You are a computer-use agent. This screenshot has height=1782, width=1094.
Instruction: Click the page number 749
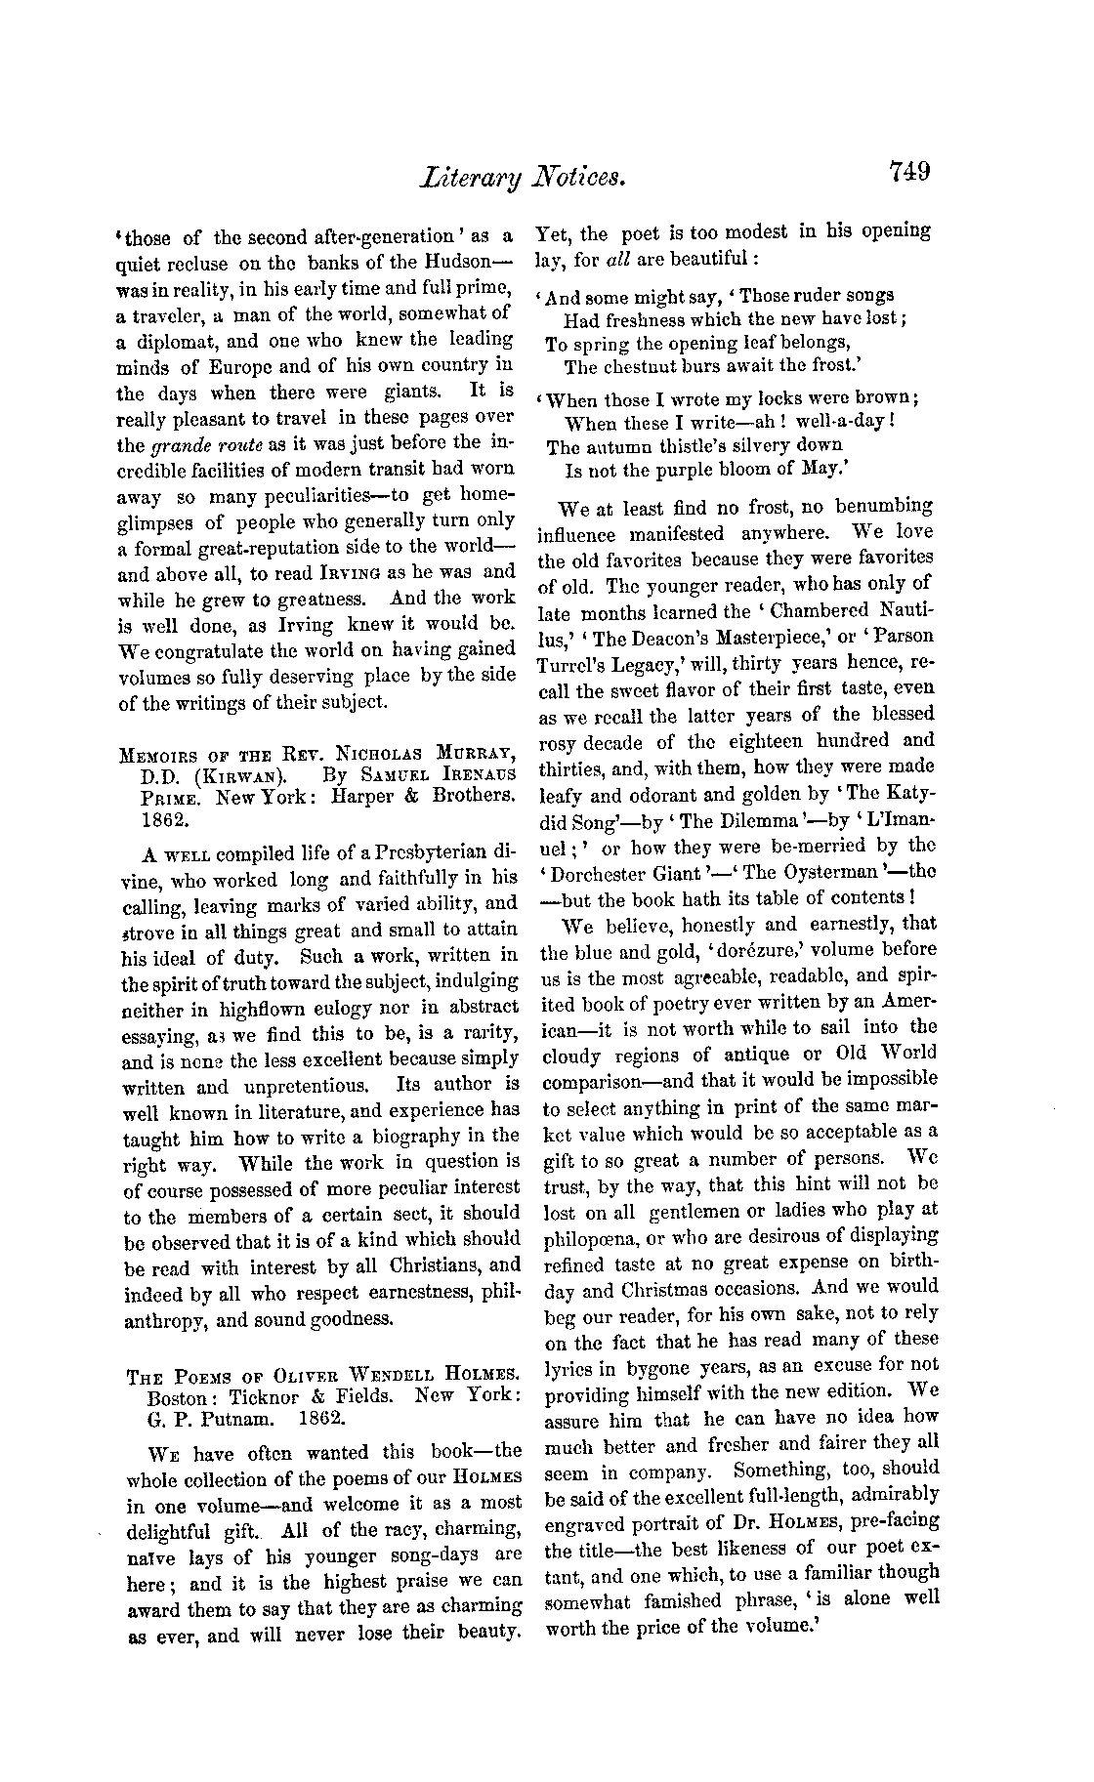tap(909, 174)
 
